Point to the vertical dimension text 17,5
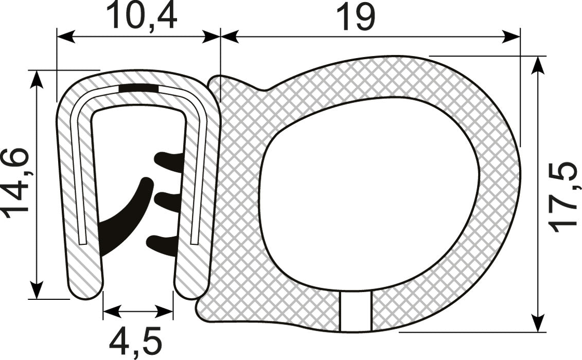pos(563,196)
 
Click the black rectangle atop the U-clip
pos(138,88)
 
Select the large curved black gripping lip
pos(124,221)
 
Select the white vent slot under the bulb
pos(356,312)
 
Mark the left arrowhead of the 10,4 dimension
pos(65,37)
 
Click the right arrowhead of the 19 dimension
pos(512,37)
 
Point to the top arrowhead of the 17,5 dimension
pos(538,65)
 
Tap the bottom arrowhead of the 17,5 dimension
pos(538,323)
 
